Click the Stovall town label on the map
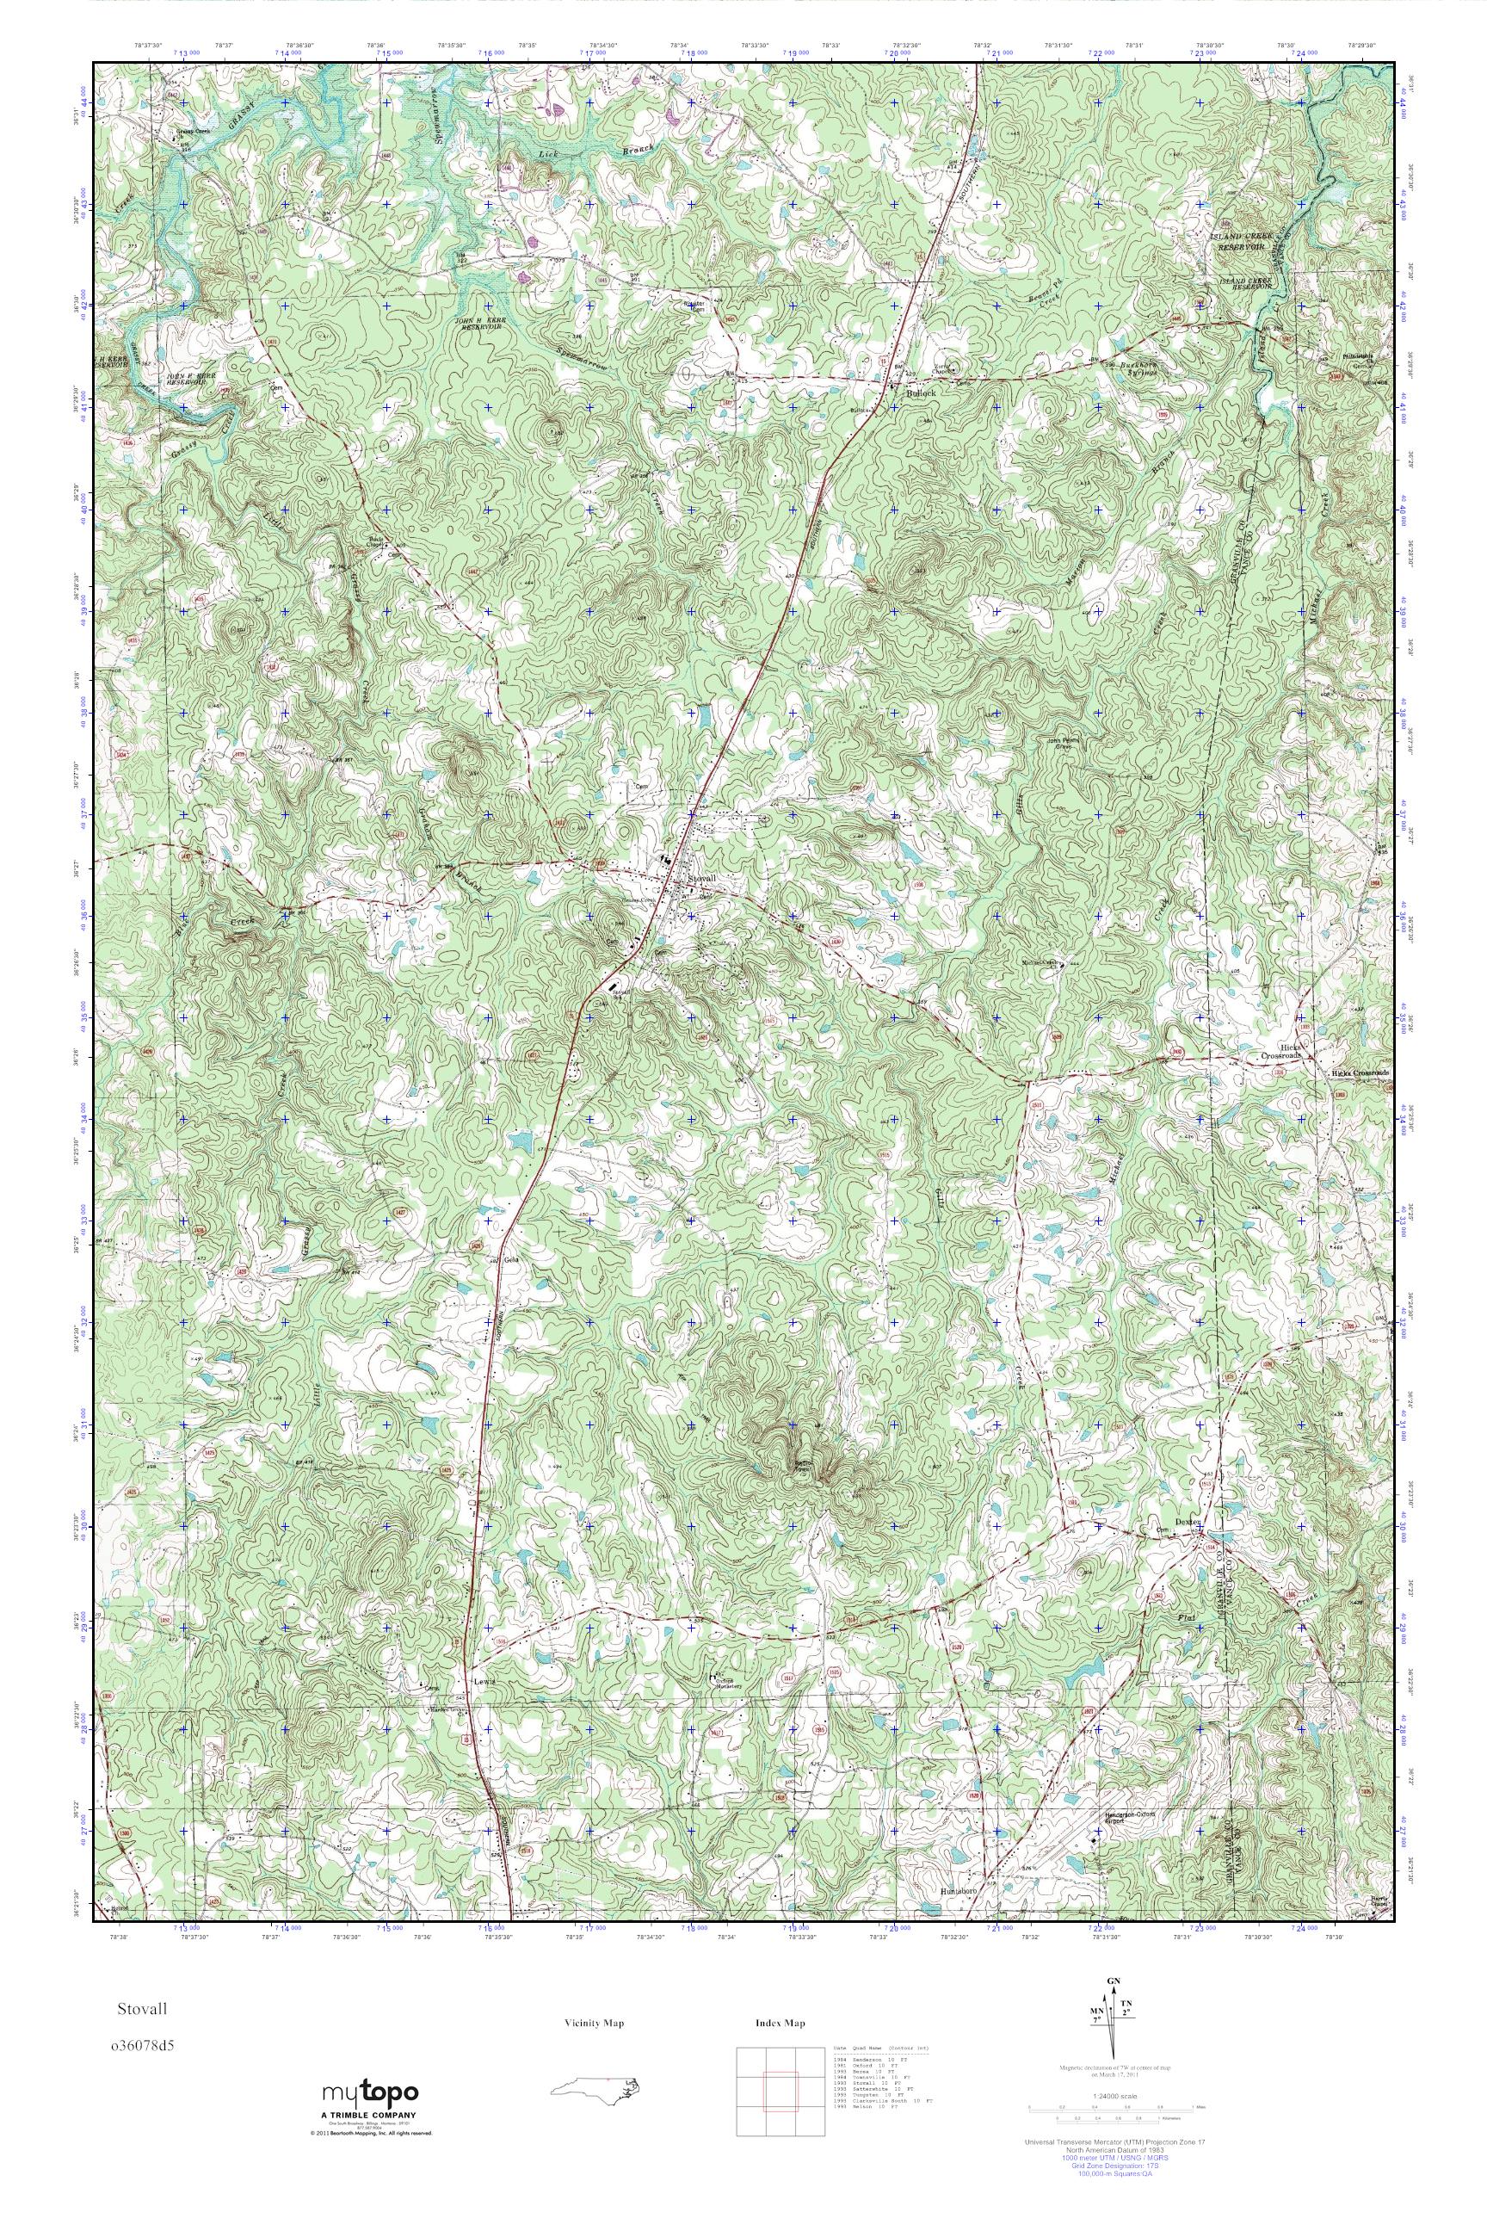tap(702, 878)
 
